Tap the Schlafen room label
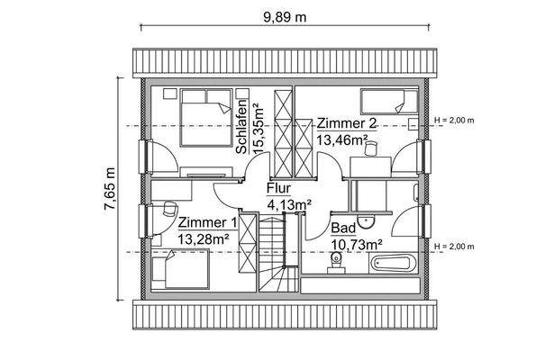coord(242,125)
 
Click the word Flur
coord(278,190)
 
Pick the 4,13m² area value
coord(288,205)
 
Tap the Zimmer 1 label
coord(207,222)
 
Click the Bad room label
coord(342,229)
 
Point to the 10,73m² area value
coord(356,244)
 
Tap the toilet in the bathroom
coord(337,263)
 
